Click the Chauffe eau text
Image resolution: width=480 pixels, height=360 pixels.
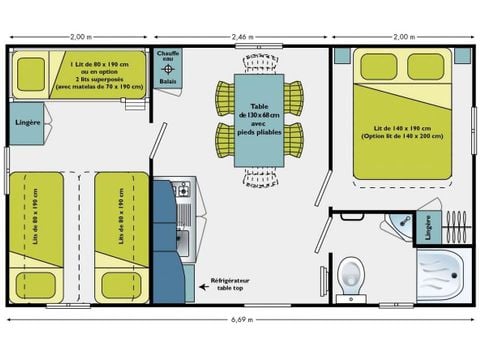coord(168,57)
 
